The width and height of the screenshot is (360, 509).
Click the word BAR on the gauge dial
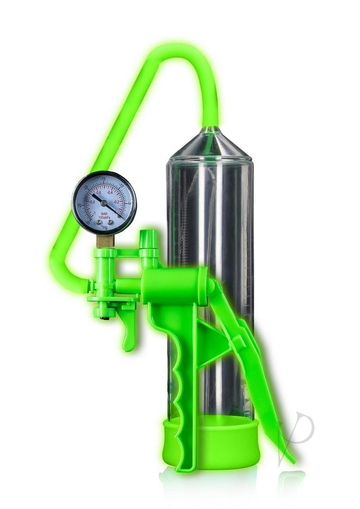104,214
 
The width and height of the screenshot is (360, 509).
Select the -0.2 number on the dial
116,202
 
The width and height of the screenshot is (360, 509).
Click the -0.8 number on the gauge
92,202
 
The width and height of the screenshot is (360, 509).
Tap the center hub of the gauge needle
104,203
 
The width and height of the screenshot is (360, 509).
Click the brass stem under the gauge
105,241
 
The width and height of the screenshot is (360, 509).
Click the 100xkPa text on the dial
104,218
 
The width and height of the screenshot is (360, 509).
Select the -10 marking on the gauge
121,185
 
